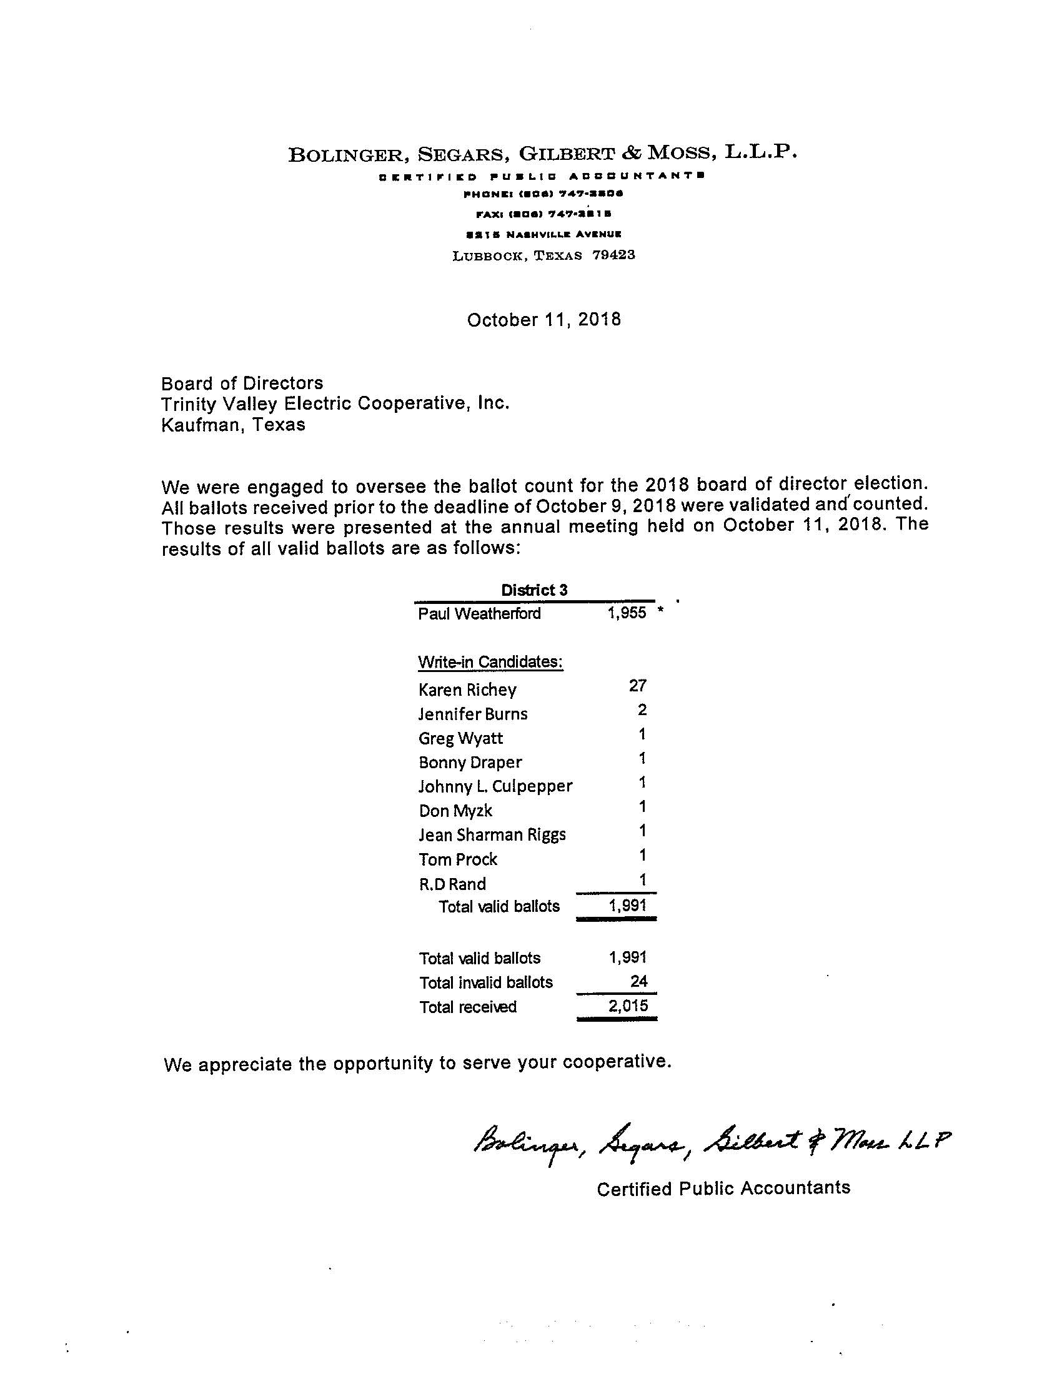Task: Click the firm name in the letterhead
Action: click(542, 154)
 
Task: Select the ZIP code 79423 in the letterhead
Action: click(613, 255)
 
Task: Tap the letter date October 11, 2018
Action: click(543, 320)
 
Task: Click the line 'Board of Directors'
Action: click(242, 383)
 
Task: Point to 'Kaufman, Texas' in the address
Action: click(234, 425)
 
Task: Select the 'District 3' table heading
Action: click(534, 590)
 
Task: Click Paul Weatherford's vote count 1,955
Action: click(627, 613)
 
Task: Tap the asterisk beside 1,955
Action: click(660, 610)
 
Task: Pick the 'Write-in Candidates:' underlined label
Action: click(490, 662)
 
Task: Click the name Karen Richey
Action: click(467, 690)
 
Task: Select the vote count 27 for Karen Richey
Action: click(637, 686)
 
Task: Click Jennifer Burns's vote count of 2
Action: click(642, 710)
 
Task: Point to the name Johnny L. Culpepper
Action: click(496, 786)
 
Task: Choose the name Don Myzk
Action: click(455, 811)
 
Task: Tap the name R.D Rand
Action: click(452, 884)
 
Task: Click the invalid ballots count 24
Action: click(638, 981)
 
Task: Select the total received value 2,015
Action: click(628, 1006)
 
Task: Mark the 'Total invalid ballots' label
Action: click(485, 982)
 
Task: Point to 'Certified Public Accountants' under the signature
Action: click(723, 1189)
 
